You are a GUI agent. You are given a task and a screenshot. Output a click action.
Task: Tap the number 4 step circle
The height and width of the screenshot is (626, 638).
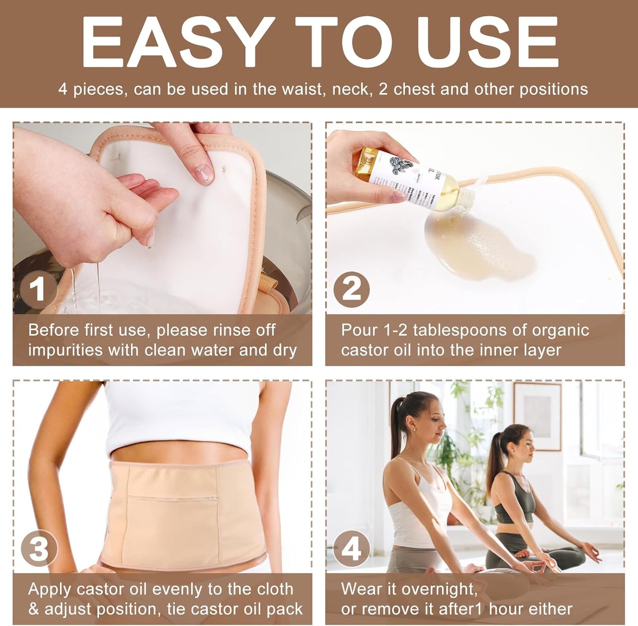point(351,549)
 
